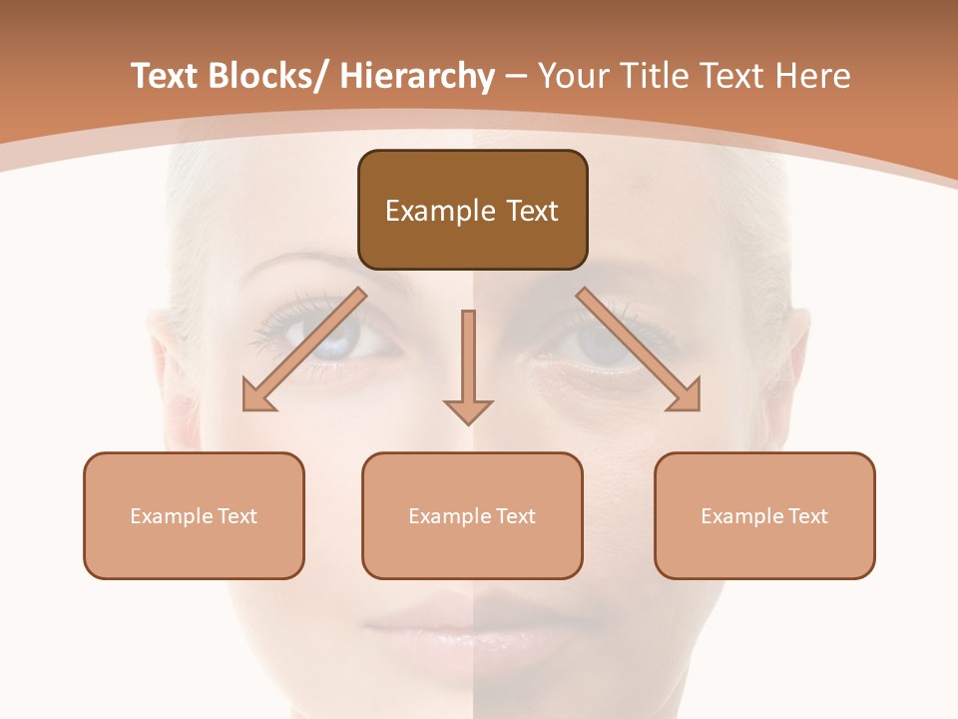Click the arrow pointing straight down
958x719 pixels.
468,367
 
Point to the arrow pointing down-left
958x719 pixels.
302,351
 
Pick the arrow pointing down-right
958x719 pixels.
640,351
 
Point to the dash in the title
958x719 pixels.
516,77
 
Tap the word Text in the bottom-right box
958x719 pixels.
808,516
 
